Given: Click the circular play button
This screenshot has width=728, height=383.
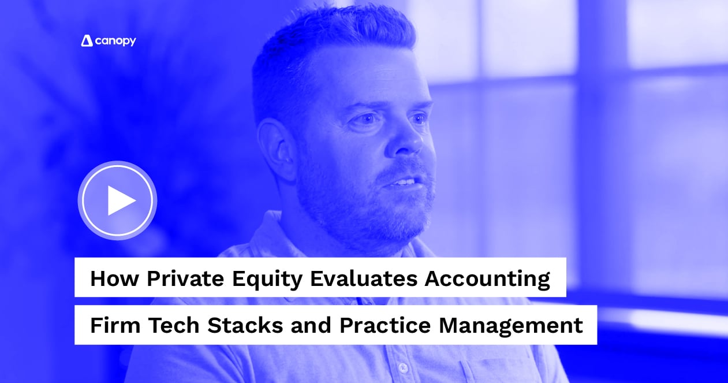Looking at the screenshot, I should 117,200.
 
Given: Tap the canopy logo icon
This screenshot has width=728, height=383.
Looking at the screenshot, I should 87,40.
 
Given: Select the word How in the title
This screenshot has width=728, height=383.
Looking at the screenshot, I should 114,278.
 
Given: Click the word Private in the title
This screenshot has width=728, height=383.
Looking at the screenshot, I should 185,278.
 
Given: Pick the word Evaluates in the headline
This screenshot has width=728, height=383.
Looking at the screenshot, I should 364,278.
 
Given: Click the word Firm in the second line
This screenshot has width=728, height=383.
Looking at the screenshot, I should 115,325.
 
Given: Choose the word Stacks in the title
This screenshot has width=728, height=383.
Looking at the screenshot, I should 245,325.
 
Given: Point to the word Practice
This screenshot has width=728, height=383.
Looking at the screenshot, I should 384,325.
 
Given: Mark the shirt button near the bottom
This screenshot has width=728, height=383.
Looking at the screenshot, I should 402,367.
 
